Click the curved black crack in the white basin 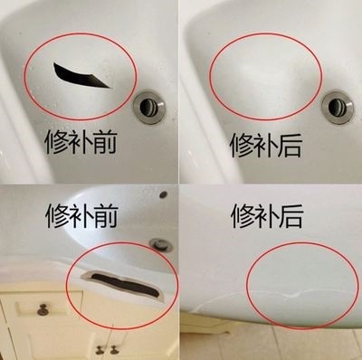coord(81,75)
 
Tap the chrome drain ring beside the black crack coord(149,105)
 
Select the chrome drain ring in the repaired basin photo coord(337,106)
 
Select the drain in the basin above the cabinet coord(161,243)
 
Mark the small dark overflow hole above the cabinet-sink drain coord(164,194)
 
